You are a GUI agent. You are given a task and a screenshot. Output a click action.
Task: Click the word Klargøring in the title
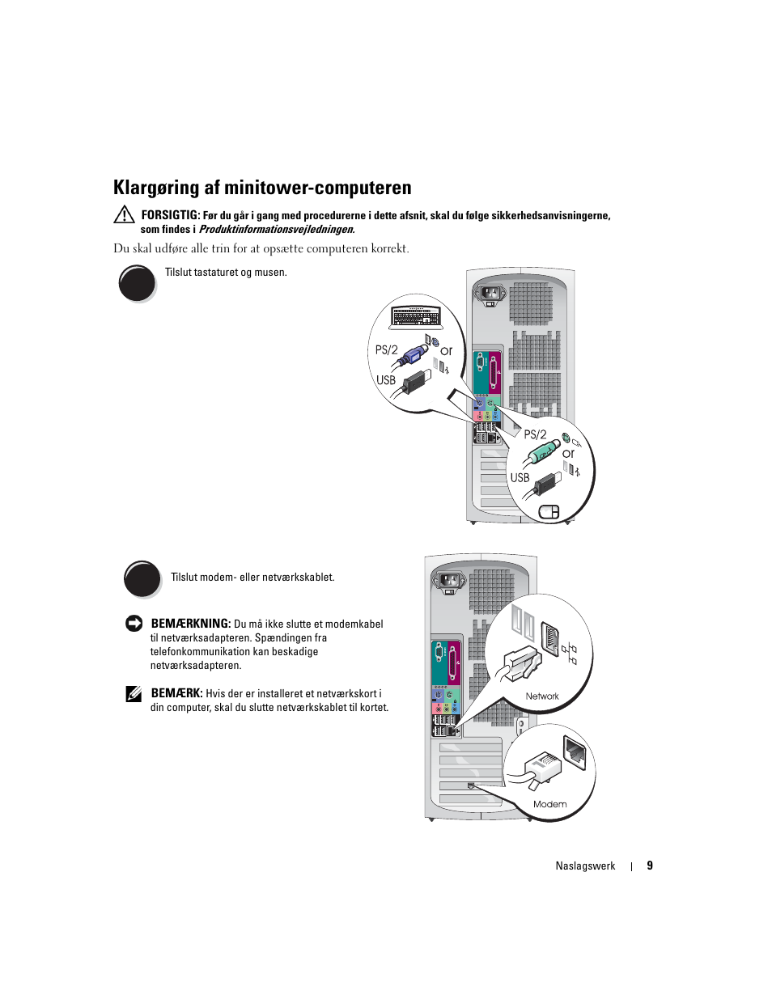coord(155,188)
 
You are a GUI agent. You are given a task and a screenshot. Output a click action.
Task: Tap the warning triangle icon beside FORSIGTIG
coord(124,214)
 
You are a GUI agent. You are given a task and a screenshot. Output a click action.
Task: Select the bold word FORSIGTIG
coord(170,215)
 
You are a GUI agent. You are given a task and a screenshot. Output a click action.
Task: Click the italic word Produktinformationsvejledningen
coord(277,230)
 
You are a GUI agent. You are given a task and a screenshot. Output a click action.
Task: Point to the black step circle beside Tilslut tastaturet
coord(137,284)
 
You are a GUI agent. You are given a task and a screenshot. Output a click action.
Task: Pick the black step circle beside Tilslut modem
coord(142,579)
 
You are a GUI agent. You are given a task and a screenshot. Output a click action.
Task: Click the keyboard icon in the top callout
coord(416,316)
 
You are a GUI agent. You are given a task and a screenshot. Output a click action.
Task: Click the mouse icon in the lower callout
coord(549,511)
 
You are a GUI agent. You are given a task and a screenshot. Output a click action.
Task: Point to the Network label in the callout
coord(542,696)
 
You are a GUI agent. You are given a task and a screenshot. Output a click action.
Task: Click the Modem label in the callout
coord(550,804)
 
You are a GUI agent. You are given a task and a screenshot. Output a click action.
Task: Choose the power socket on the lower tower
coord(449,580)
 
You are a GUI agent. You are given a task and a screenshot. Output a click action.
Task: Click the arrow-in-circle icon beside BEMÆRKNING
coord(134,624)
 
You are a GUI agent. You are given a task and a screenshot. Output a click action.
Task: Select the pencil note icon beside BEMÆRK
coord(134,694)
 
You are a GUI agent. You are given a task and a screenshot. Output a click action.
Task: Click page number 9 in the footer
coord(650,866)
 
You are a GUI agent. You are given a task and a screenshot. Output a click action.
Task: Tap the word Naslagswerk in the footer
coord(585,866)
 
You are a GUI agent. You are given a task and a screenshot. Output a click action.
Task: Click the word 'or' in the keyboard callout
coord(446,351)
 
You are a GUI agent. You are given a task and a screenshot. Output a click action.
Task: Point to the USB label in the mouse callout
coord(520,478)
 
